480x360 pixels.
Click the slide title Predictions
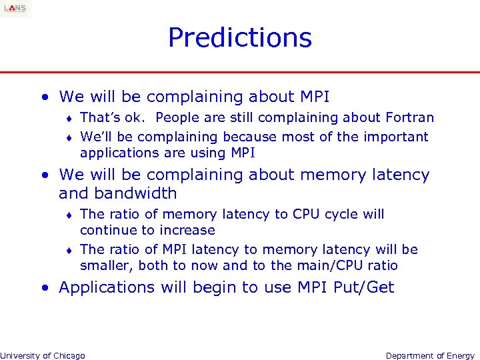(x=239, y=37)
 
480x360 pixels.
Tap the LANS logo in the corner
(x=15, y=8)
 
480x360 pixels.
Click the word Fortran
(x=409, y=118)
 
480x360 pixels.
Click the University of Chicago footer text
(x=43, y=355)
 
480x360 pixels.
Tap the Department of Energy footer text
(x=430, y=355)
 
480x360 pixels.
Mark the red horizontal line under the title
(x=240, y=72)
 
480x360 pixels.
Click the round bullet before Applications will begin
(x=44, y=288)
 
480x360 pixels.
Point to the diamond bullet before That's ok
(x=69, y=119)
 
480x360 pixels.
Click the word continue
(x=105, y=231)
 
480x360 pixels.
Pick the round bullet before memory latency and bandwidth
(x=44, y=175)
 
